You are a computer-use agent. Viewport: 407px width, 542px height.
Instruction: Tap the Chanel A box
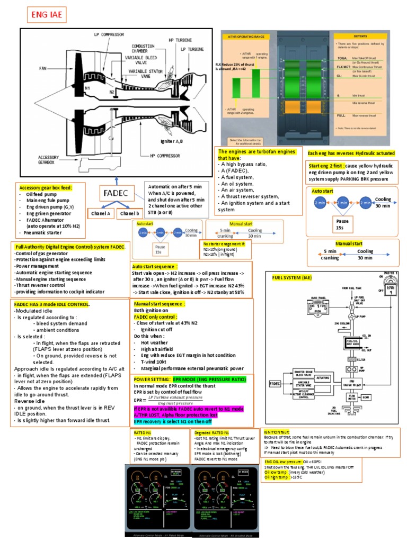(x=101, y=213)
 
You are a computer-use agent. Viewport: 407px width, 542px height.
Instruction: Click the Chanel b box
(x=130, y=213)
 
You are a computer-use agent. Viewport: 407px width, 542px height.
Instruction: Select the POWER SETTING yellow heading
(x=155, y=379)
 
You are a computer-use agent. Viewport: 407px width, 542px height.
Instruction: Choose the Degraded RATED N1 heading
(x=211, y=432)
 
